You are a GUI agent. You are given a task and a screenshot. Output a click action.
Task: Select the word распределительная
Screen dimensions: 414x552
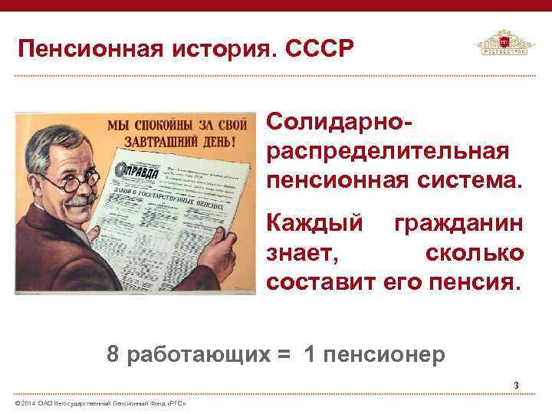[387, 152]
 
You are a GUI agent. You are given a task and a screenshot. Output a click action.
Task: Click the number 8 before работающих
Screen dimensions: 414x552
[113, 354]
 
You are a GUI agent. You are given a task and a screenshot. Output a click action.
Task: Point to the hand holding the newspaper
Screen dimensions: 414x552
[223, 245]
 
